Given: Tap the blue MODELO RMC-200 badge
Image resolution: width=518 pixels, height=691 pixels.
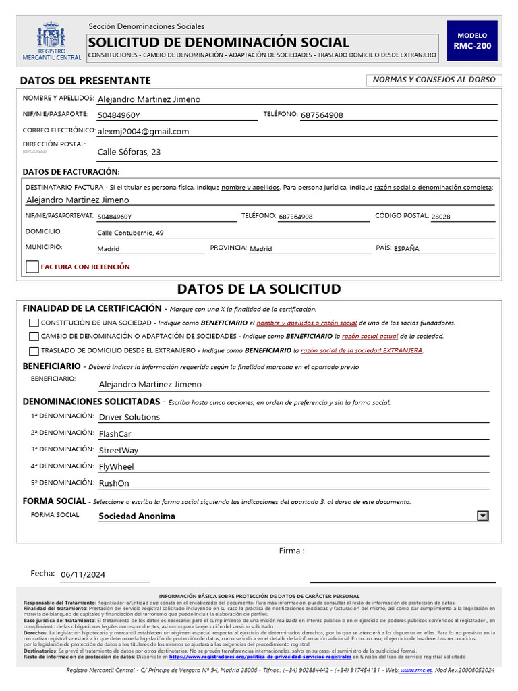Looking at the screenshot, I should (x=472, y=40).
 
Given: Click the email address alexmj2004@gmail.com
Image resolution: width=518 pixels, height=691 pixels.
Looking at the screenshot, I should (x=143, y=132).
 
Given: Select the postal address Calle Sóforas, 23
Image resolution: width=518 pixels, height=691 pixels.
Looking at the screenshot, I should (x=129, y=153).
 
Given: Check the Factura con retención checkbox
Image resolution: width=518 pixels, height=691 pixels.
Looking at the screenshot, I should (x=32, y=267).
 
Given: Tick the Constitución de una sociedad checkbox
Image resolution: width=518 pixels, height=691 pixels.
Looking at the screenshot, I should (x=34, y=323).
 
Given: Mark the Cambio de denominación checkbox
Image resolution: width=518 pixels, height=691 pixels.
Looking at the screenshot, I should (x=34, y=336).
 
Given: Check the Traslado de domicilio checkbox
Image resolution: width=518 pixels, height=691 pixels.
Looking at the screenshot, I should (x=34, y=351).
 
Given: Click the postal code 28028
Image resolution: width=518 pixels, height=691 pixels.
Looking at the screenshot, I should (x=440, y=217).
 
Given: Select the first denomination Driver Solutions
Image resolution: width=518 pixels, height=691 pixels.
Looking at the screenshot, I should (x=129, y=418).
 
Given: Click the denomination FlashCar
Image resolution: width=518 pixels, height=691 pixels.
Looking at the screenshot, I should (x=115, y=434).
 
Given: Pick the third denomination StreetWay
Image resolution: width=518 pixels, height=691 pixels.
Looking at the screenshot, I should (x=119, y=451).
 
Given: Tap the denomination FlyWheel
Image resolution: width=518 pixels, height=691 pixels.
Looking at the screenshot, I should (x=117, y=467).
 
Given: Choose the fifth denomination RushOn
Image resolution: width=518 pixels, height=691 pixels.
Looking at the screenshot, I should (x=114, y=484).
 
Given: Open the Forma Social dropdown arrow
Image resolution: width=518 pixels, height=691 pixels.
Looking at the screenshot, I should (x=482, y=516).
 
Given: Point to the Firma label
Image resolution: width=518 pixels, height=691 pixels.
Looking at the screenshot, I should (x=291, y=551).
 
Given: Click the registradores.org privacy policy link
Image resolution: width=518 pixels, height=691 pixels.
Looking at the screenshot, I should (x=260, y=657).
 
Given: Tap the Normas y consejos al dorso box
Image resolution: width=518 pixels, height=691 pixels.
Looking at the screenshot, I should (x=434, y=80).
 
